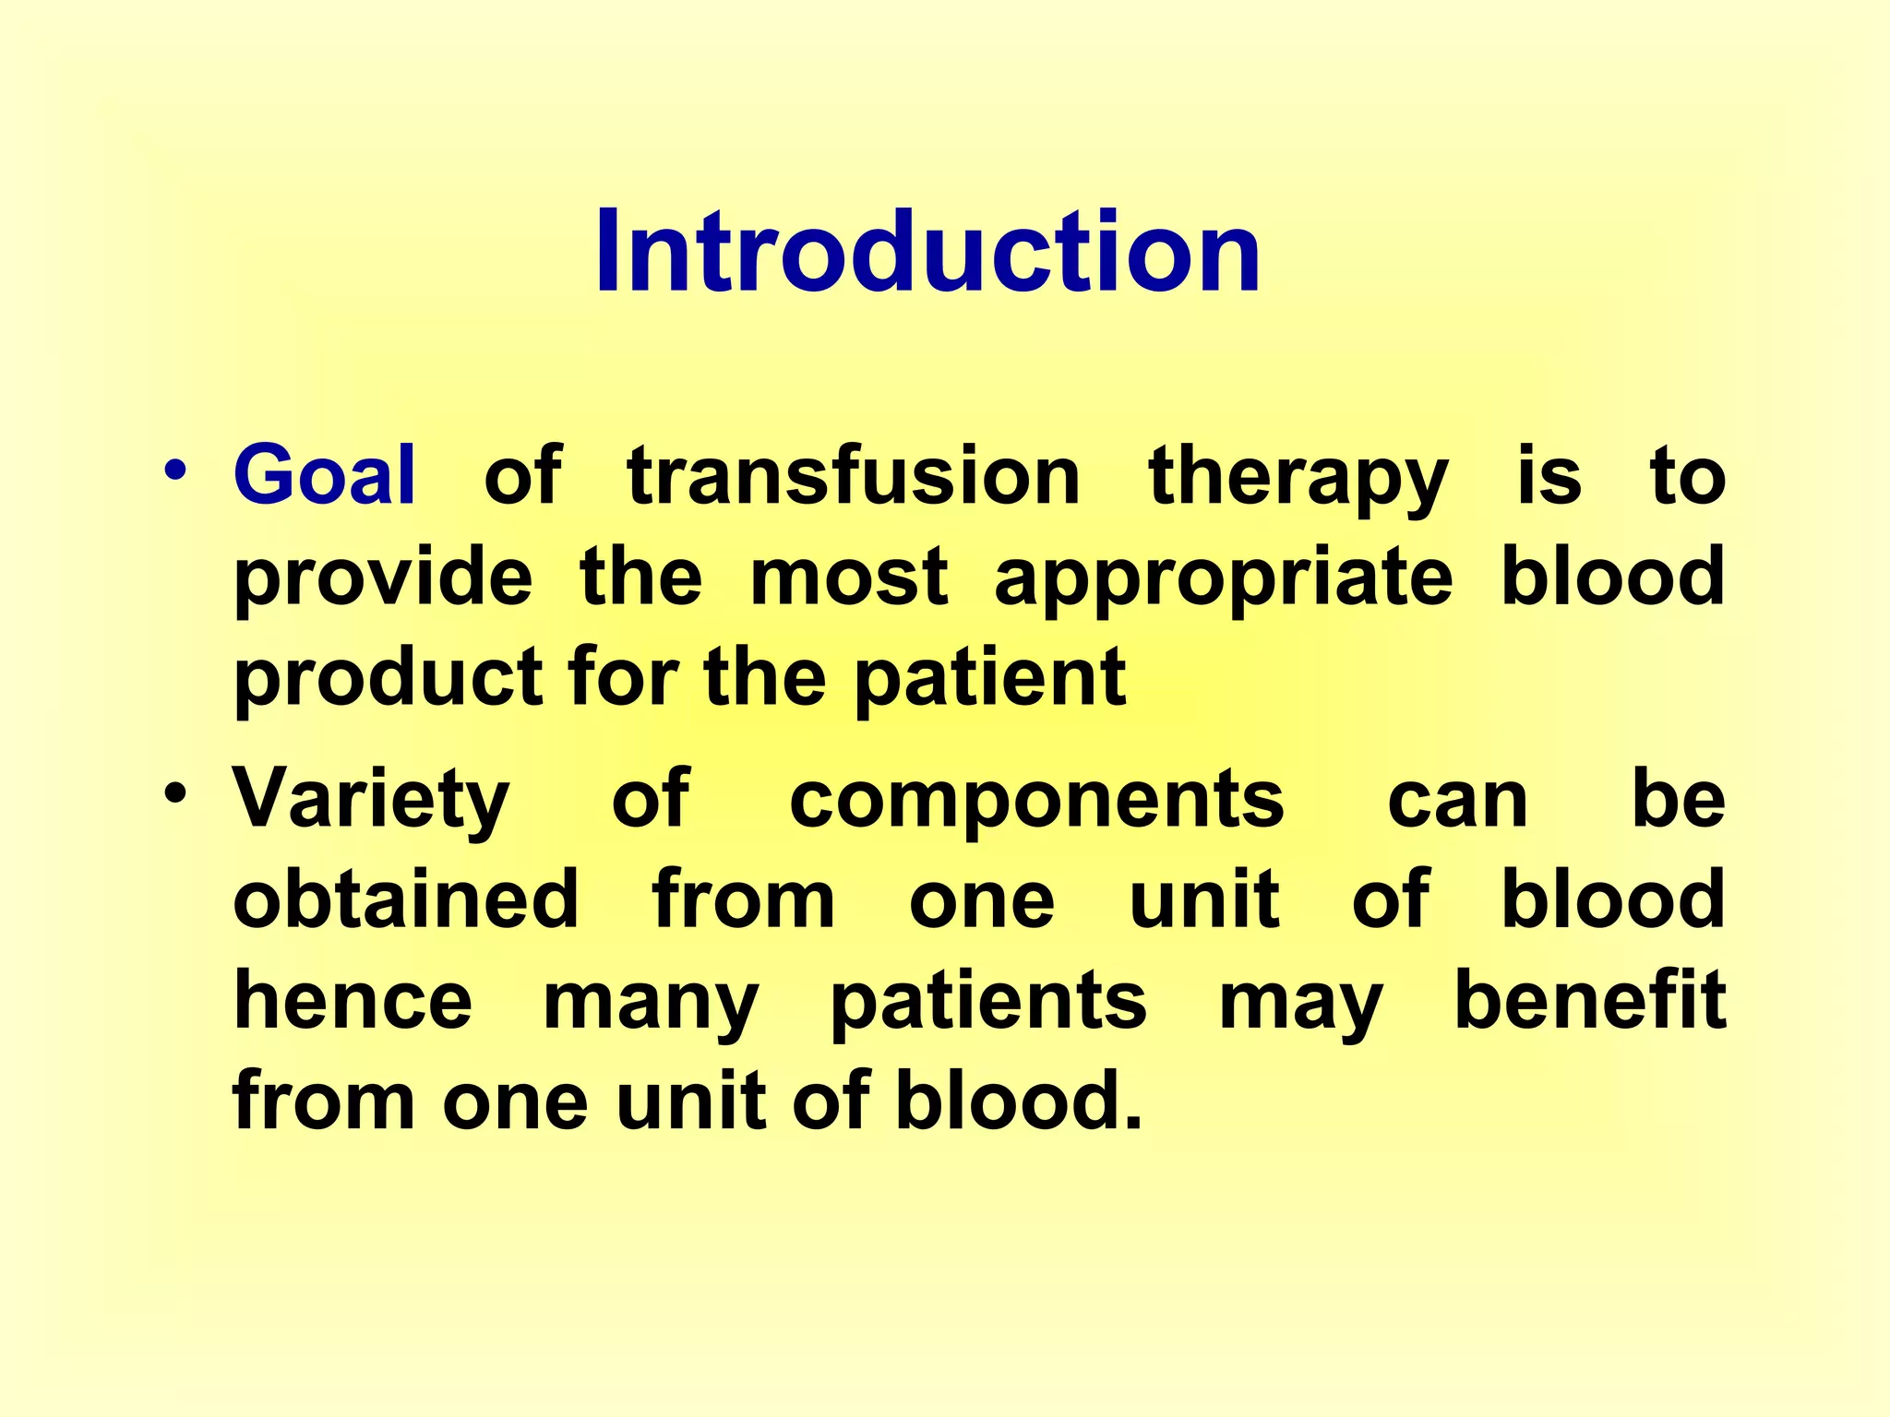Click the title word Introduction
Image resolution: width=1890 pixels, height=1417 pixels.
tap(927, 251)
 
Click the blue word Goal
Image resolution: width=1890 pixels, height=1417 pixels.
tap(325, 476)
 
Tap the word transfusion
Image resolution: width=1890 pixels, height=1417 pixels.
tap(854, 476)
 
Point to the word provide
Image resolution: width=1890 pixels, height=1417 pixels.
tap(383, 578)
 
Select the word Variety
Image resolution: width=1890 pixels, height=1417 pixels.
tap(371, 800)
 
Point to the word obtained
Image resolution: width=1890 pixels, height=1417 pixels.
tap(406, 899)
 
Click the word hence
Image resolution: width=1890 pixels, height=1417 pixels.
tap(353, 1001)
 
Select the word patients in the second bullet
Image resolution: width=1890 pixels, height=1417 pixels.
tap(988, 1003)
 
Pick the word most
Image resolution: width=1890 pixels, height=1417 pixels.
tap(849, 578)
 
